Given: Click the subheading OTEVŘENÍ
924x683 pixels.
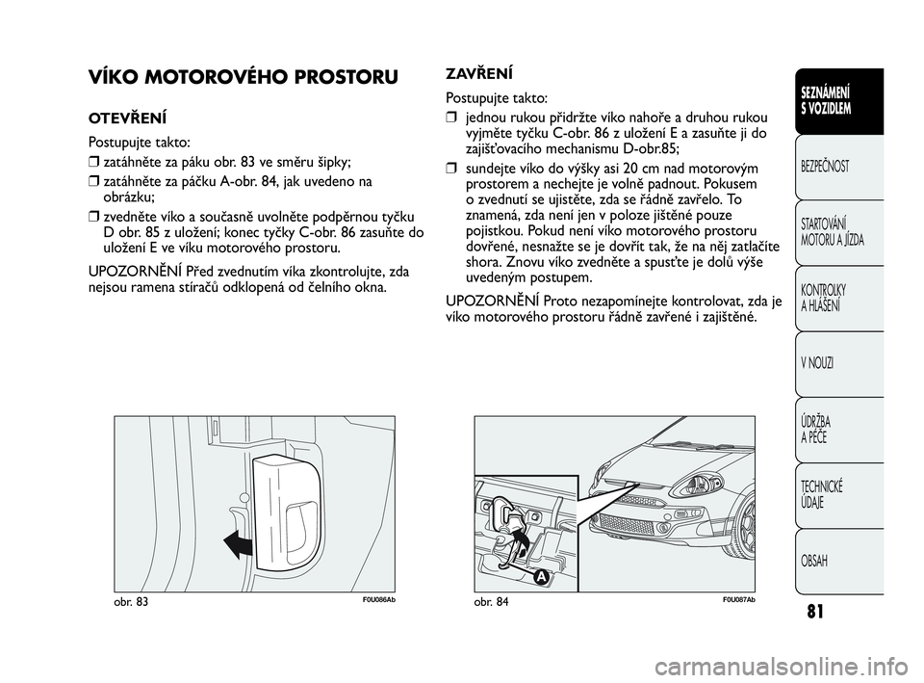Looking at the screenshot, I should coord(126,119).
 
